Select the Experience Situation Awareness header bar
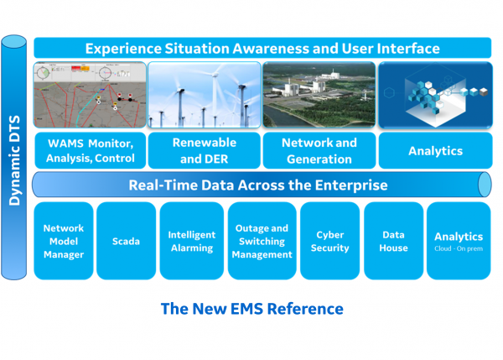(262, 49)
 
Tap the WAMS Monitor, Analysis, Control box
(89, 150)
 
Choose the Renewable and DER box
(204, 150)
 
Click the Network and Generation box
(319, 150)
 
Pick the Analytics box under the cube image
(434, 151)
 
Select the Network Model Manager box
(64, 241)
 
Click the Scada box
(126, 241)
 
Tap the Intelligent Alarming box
(191, 241)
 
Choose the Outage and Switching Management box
(262, 241)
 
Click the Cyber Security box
(329, 241)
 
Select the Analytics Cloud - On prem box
(458, 241)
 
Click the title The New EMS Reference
(251, 309)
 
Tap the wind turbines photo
(204, 94)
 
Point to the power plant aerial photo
(319, 94)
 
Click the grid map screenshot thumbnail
(89, 94)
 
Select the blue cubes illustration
(434, 94)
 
